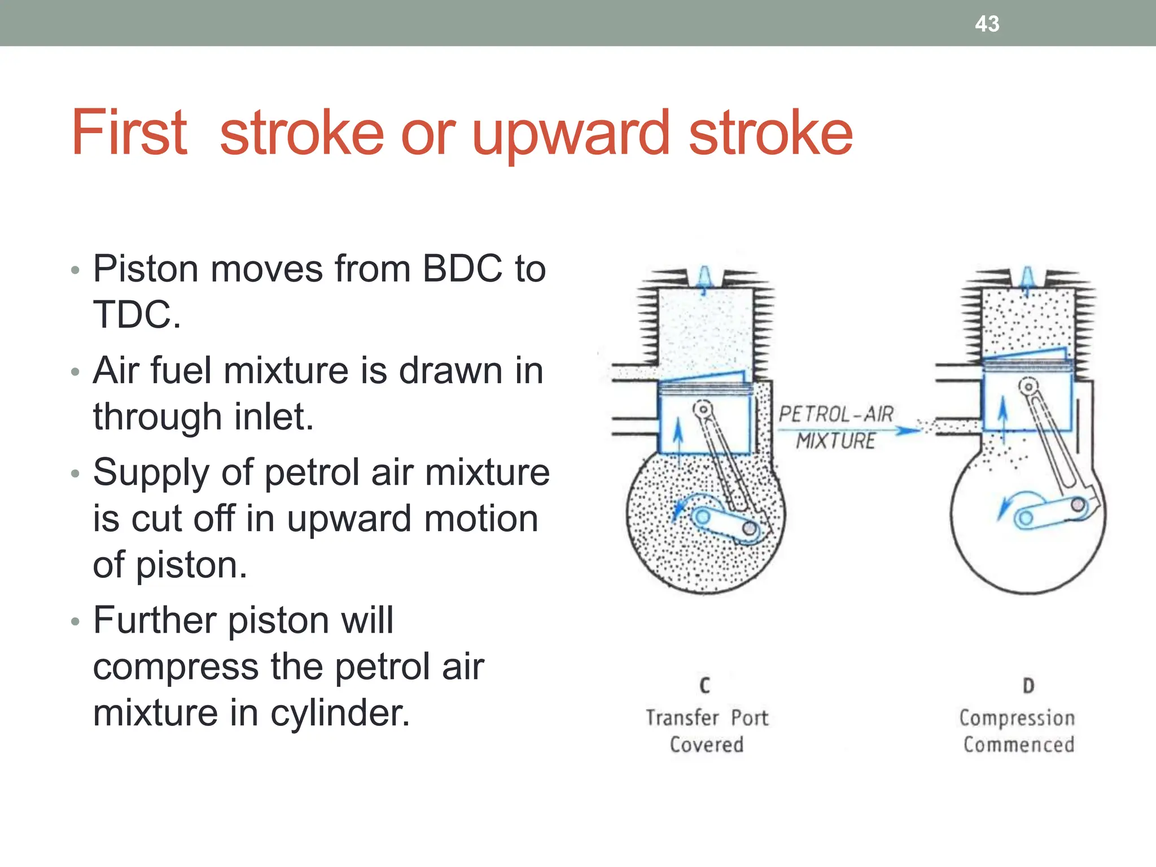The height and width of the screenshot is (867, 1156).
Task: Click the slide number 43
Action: pyautogui.click(x=987, y=24)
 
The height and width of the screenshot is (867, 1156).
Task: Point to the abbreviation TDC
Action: pyautogui.click(x=136, y=314)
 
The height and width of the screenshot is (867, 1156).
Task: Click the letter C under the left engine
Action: pyautogui.click(x=704, y=685)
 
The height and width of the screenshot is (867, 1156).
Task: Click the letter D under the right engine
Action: pyautogui.click(x=1028, y=685)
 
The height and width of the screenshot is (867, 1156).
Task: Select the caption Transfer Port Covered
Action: pyautogui.click(x=707, y=731)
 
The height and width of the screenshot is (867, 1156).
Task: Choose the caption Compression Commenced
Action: pyautogui.click(x=1018, y=731)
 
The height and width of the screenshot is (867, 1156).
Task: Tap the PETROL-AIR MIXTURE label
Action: pyautogui.click(x=836, y=427)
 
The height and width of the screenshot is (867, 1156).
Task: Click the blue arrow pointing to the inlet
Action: pyautogui.click(x=907, y=431)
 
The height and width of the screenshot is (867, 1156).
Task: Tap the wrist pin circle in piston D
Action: pyautogui.click(x=1028, y=387)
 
